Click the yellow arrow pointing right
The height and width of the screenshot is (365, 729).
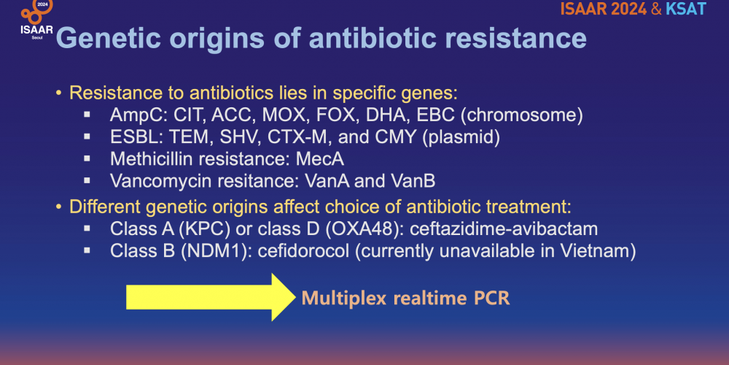pyautogui.click(x=211, y=297)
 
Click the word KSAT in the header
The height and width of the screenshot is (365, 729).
pyautogui.click(x=686, y=9)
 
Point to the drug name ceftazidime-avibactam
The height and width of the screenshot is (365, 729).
pyautogui.click(x=504, y=229)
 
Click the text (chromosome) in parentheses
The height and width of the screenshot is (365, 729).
pyautogui.click(x=521, y=115)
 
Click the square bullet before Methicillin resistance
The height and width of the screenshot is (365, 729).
pyautogui.click(x=87, y=158)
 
